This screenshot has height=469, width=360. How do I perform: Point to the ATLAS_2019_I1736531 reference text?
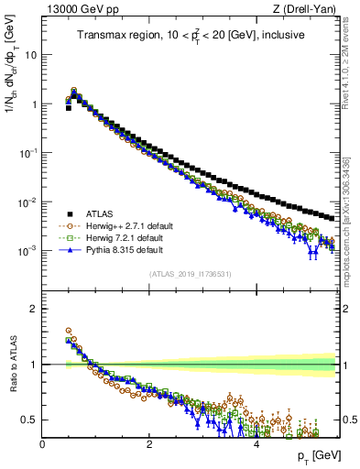(x=189, y=274)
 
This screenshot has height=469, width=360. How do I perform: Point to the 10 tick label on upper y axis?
(x=31, y=55)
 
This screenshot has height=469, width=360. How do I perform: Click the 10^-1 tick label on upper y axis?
(x=28, y=152)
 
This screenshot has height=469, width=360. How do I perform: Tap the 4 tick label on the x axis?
(x=256, y=443)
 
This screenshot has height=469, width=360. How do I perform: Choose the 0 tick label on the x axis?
(x=42, y=443)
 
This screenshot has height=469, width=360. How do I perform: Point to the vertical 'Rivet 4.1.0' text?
(x=353, y=57)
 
